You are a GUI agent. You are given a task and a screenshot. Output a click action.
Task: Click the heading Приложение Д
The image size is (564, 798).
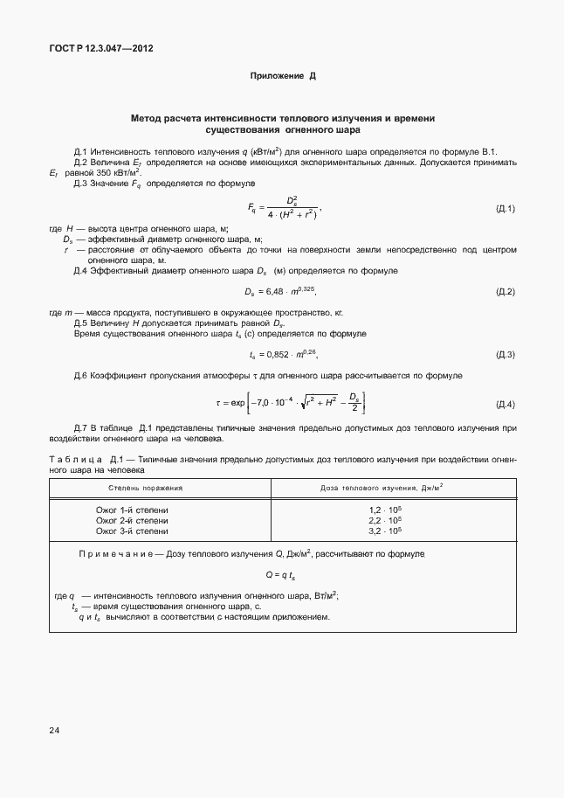click(282, 77)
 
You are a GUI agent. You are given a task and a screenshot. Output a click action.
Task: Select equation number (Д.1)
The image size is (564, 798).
click(506, 208)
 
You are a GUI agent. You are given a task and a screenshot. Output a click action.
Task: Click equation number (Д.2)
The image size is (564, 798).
click(506, 291)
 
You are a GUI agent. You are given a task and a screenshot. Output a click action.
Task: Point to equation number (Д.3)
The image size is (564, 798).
click(506, 354)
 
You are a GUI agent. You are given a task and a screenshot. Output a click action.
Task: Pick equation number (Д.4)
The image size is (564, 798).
click(506, 404)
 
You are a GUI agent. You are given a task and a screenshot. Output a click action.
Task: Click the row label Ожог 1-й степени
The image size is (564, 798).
click(132, 510)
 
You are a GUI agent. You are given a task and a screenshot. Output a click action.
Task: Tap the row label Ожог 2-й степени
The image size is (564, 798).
click(132, 520)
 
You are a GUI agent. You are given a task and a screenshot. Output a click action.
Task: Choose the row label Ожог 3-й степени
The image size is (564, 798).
click(132, 531)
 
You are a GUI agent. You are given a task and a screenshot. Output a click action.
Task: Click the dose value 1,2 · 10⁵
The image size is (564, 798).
click(385, 510)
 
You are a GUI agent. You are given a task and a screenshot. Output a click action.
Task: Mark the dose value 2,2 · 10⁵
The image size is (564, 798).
click(385, 520)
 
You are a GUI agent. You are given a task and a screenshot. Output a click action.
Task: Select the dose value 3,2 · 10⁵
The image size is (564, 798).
click(385, 531)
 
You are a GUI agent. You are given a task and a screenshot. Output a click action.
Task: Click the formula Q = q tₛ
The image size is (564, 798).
click(281, 575)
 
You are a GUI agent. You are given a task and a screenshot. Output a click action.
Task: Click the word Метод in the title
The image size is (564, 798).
click(145, 117)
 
